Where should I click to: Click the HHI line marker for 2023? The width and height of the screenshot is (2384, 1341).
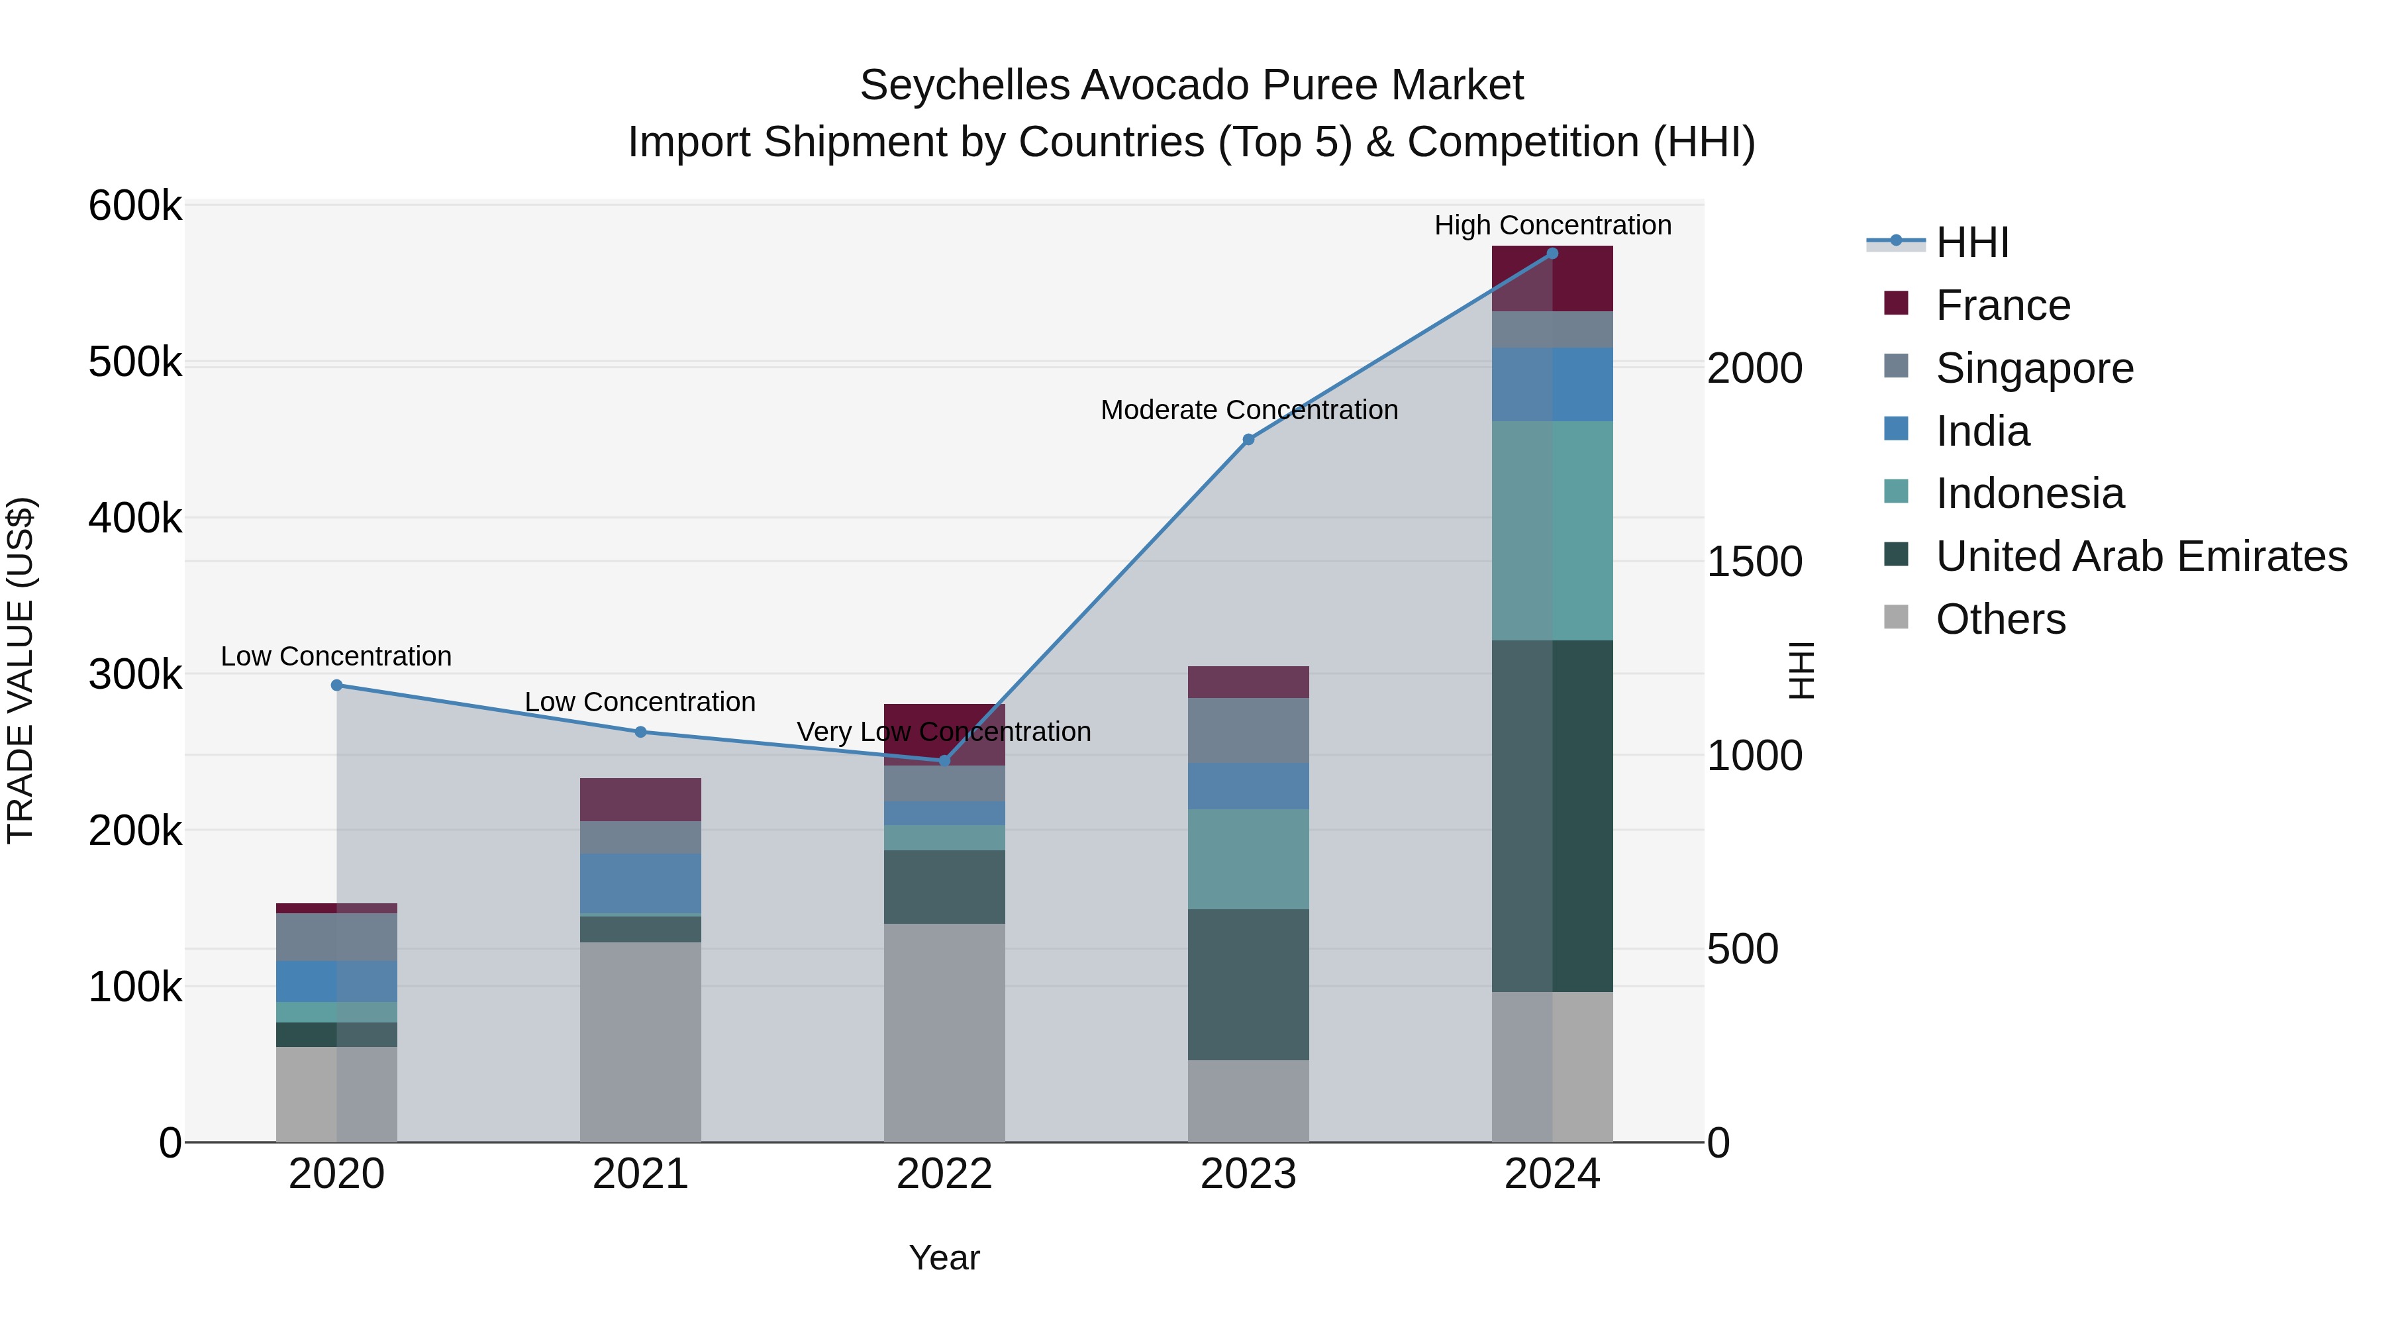click(1248, 440)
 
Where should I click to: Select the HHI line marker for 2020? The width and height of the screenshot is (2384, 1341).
click(337, 686)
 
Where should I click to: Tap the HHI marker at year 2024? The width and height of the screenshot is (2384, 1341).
click(1552, 254)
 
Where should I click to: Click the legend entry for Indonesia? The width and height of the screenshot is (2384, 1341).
click(2030, 493)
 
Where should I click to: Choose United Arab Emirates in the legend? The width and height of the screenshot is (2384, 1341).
click(2140, 556)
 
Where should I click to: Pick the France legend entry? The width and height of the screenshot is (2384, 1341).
click(2003, 305)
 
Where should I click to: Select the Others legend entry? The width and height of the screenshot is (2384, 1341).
click(2000, 619)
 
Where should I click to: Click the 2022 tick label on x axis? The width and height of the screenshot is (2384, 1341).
click(944, 1174)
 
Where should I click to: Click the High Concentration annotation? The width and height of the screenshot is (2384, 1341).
click(1552, 225)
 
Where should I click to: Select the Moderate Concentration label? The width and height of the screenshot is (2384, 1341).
click(1248, 410)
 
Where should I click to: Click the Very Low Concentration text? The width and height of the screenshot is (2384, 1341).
click(943, 732)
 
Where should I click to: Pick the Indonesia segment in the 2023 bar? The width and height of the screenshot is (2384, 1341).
click(1248, 859)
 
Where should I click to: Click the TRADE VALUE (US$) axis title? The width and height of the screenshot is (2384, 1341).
click(21, 670)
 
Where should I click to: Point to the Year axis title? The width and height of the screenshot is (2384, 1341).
click(944, 1258)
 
